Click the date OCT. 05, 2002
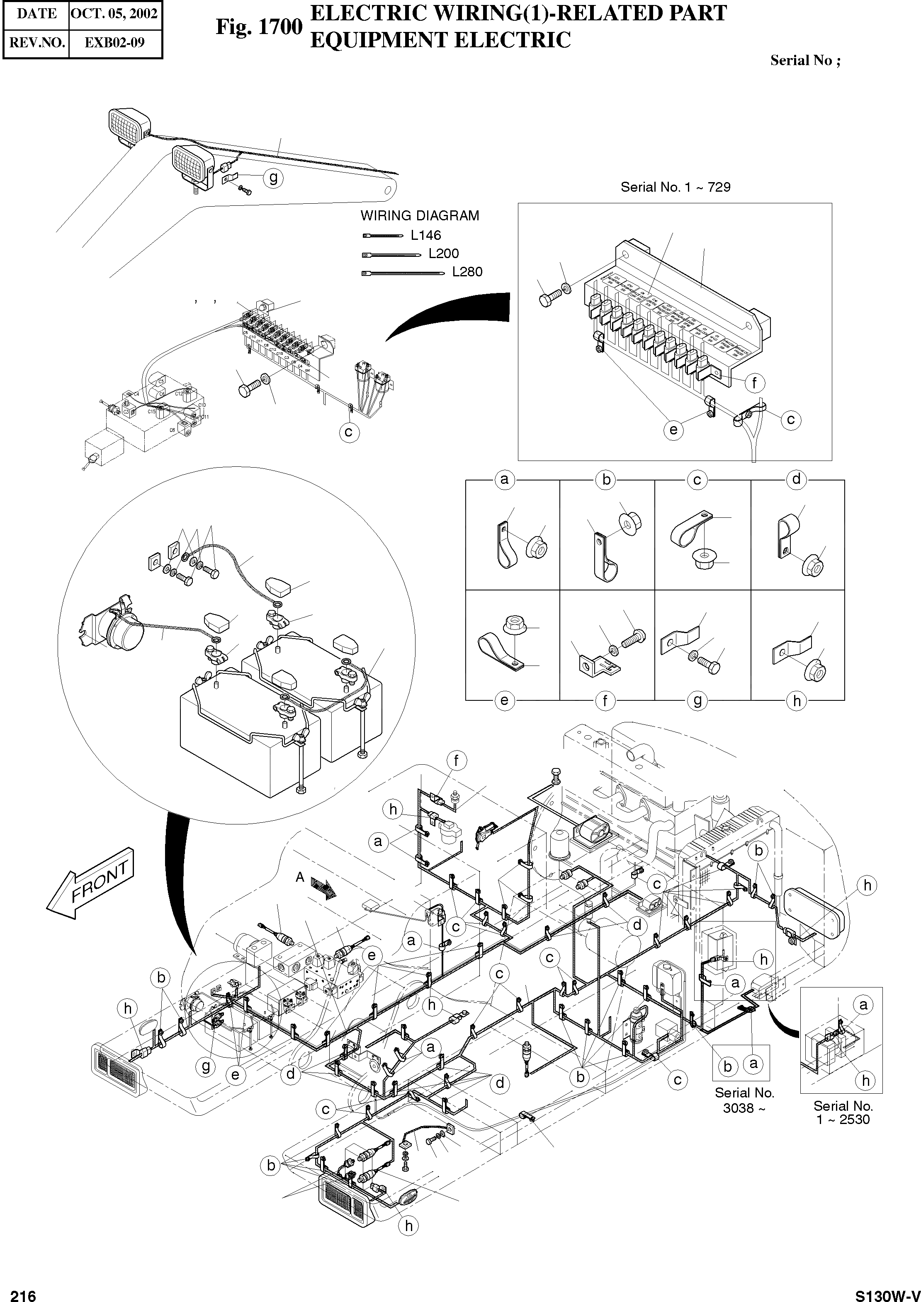point(114,14)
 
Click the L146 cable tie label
point(426,235)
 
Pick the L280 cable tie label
point(467,272)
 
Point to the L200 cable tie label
point(443,253)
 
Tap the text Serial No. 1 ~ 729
point(676,187)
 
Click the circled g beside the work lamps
point(273,178)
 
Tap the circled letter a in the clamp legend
point(504,480)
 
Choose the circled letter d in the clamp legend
point(796,480)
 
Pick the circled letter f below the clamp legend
point(605,701)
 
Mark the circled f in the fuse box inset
point(754,383)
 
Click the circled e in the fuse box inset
point(673,429)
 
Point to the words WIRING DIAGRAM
point(420,216)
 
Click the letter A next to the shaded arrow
point(300,877)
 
